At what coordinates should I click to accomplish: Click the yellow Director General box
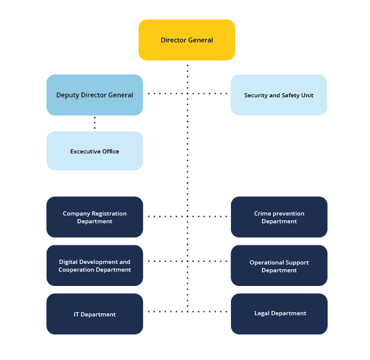pos(187,40)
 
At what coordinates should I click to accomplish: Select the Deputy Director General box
pos(95,95)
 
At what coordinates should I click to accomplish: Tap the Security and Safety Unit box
pos(279,95)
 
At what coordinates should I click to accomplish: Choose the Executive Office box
pos(95,151)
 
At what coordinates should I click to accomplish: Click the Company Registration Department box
pos(95,217)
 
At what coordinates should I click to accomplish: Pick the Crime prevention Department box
pos(279,217)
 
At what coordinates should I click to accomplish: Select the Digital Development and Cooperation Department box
pos(95,266)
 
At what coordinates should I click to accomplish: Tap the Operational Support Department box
pos(279,266)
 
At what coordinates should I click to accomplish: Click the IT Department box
pos(95,314)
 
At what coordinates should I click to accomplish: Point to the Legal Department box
pos(279,313)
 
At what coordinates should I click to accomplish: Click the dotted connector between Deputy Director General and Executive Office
pos(95,124)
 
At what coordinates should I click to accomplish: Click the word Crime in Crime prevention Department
pos(263,214)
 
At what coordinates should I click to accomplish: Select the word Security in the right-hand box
pos(257,96)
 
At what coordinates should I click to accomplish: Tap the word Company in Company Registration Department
pos(76,214)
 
